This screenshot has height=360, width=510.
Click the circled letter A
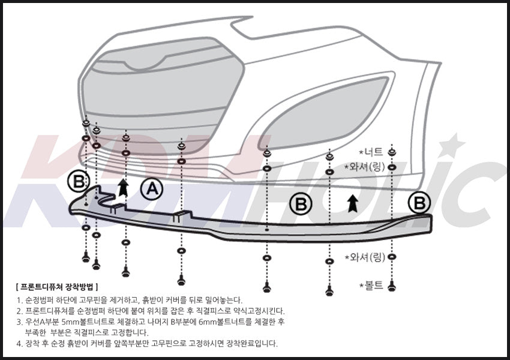pos(152,190)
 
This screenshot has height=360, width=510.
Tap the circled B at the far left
pos(78,180)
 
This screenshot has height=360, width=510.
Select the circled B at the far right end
pos(419,202)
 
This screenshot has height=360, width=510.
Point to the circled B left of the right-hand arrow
pos(301,205)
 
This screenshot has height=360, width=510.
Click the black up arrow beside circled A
pos(123,187)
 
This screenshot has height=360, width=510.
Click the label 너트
pos(373,151)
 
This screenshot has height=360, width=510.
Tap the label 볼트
pos(371,286)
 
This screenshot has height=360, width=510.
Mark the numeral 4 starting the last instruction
pos(19,344)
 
